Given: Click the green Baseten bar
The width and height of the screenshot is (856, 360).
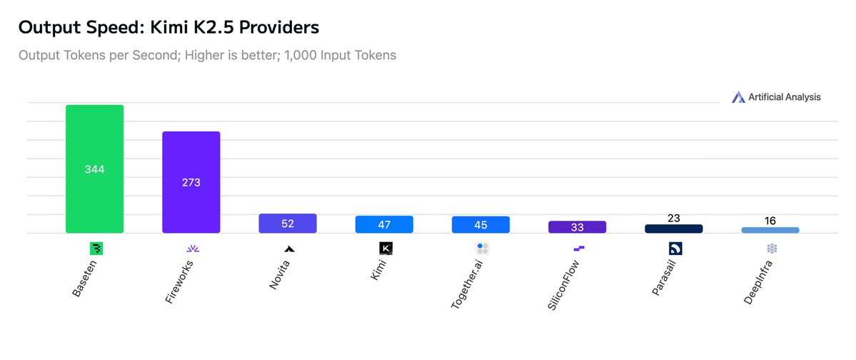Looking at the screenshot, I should tap(94, 169).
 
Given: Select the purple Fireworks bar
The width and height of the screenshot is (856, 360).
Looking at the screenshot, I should tap(191, 182).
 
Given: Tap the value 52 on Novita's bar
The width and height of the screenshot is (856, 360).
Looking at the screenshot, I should tap(288, 224).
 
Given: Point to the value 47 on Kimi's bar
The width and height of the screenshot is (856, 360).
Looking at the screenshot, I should tap(384, 224).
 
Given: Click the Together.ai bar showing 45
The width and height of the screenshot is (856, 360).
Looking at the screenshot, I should tap(480, 224).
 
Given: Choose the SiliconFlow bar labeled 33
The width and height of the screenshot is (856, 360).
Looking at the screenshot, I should tap(577, 227).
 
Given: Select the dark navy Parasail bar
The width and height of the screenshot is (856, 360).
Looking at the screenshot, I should tap(673, 229).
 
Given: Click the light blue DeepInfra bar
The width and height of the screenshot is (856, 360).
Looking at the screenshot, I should tap(770, 230).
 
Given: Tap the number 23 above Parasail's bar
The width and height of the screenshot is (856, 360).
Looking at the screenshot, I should tap(673, 218).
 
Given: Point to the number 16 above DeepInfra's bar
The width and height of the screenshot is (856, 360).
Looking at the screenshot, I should tap(770, 221).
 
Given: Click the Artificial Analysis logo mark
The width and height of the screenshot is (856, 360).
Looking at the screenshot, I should tap(738, 97).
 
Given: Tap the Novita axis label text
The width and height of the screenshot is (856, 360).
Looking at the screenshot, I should tap(279, 275).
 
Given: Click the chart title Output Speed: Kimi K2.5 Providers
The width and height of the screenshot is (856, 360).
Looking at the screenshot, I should tap(168, 28).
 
